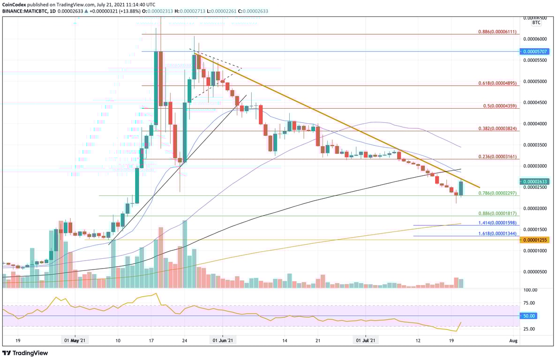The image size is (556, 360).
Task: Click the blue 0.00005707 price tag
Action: tap(535, 51)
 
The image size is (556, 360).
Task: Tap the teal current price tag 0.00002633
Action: tap(535, 181)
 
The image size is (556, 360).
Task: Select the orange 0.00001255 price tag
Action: tap(535, 240)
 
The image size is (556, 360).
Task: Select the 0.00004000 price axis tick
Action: tap(535, 124)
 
